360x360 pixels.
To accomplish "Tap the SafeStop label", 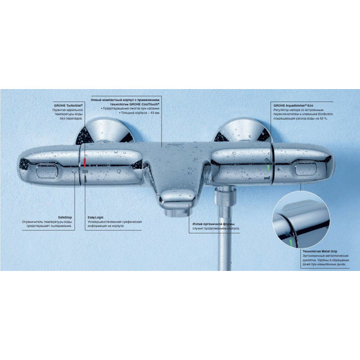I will click(64, 215).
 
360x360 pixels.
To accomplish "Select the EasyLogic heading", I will click(95, 215).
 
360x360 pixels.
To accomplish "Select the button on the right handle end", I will click(307, 169).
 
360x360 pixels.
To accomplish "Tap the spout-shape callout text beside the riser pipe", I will click(214, 224).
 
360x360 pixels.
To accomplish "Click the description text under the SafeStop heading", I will click(45, 224).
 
